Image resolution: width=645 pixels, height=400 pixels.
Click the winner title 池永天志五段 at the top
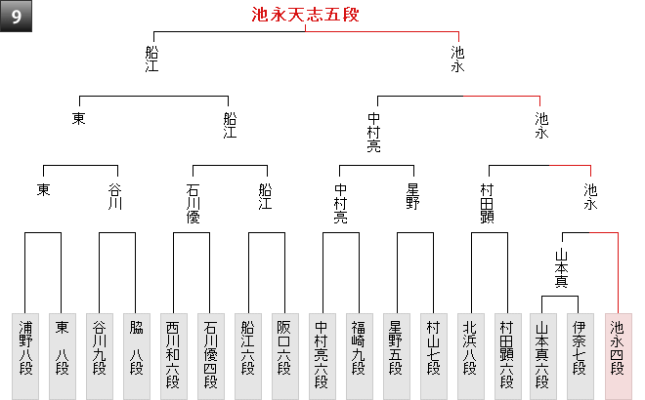pyautogui.click(x=305, y=15)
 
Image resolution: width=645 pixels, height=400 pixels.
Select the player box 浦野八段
pyautogui.click(x=25, y=356)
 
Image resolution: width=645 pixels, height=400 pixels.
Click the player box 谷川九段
pyautogui.click(x=100, y=356)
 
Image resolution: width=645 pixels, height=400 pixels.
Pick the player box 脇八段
pyautogui.click(x=136, y=356)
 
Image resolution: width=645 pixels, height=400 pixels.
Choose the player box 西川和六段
pyautogui.click(x=173, y=356)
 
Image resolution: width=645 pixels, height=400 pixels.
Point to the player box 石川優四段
pyautogui.click(x=210, y=356)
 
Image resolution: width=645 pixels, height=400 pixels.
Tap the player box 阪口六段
pyautogui.click(x=284, y=356)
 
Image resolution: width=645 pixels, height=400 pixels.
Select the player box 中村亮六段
pyautogui.click(x=322, y=356)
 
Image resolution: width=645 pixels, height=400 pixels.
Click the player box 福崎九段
pyautogui.click(x=359, y=356)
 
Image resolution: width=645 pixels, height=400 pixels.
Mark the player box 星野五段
pyautogui.click(x=396, y=356)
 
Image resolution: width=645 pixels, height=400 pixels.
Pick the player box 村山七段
pyautogui.click(x=433, y=356)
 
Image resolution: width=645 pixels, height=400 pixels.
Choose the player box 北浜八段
pyautogui.click(x=470, y=356)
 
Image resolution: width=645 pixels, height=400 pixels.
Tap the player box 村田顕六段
pyautogui.click(x=507, y=356)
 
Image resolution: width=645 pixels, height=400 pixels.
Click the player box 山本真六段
pyautogui.click(x=543, y=356)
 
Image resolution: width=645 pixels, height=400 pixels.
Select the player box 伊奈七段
pyautogui.click(x=580, y=356)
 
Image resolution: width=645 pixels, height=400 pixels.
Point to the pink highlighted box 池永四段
pyautogui.click(x=618, y=356)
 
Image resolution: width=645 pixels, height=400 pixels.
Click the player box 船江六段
pyautogui.click(x=247, y=356)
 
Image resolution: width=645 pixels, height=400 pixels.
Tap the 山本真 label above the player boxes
pyautogui.click(x=561, y=268)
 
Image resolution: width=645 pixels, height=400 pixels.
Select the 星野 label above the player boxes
pyautogui.click(x=412, y=196)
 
